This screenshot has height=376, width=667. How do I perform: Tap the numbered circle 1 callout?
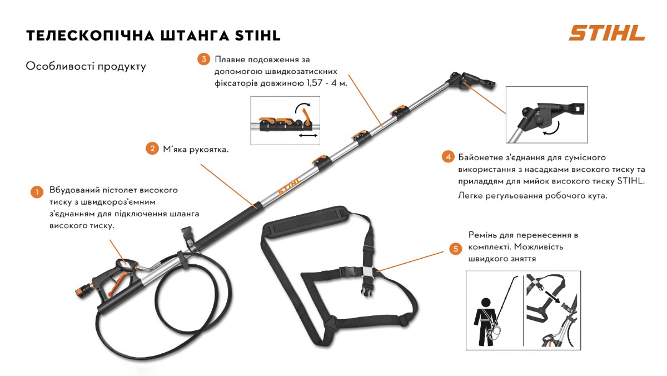coord(36,192)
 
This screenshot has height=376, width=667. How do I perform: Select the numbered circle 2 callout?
coord(151,149)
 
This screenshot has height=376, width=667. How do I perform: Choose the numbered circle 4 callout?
coord(448,157)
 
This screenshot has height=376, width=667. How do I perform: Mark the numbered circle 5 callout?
coord(456,249)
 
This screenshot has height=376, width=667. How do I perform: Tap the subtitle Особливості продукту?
coord(86,67)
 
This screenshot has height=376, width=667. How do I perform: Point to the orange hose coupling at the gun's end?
coord(80,290)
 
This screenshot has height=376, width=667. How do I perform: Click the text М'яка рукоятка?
coord(196,149)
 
